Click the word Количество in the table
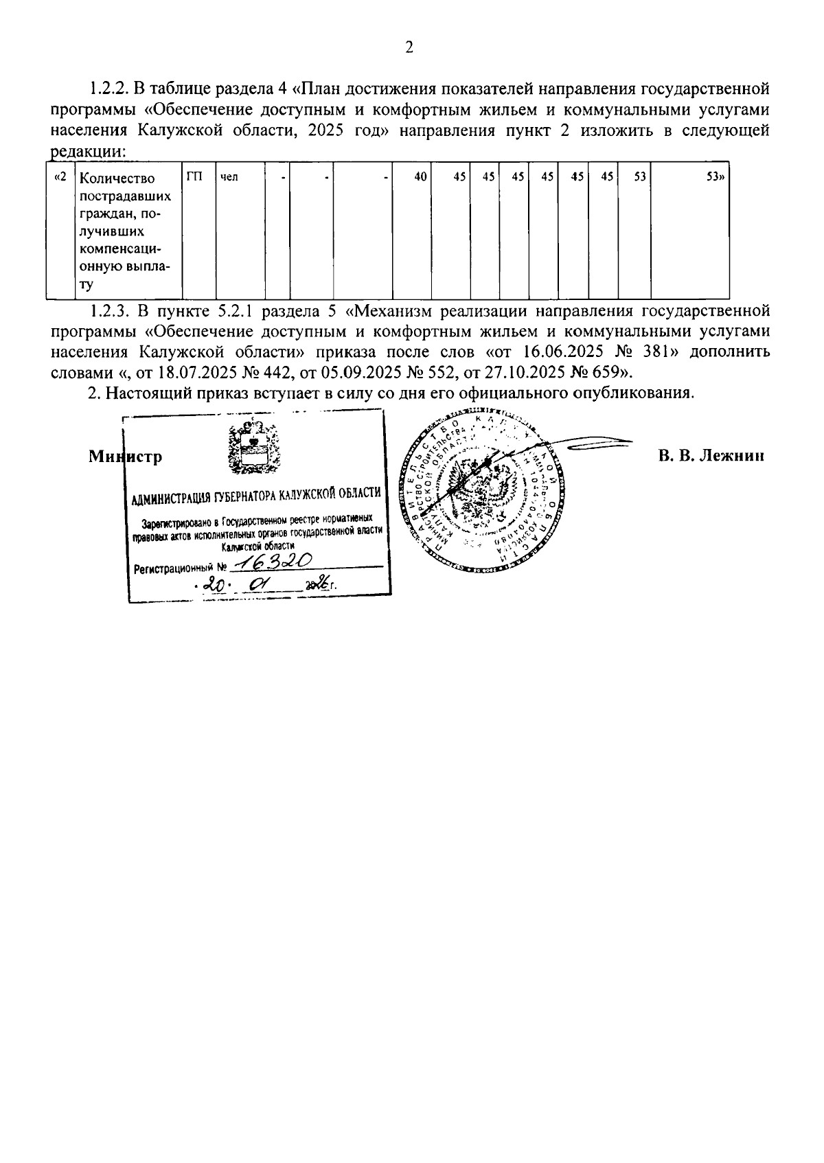(x=117, y=179)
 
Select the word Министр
(x=126, y=457)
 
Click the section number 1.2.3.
(x=110, y=311)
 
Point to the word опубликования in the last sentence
(x=630, y=393)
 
